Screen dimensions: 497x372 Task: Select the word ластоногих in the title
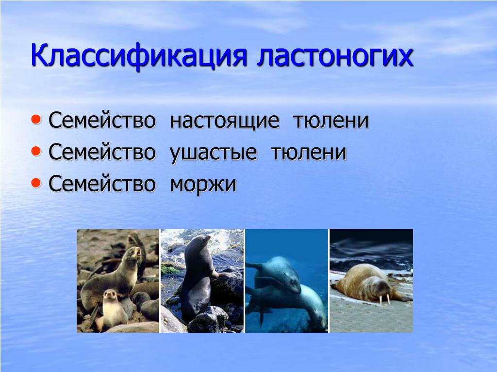335,56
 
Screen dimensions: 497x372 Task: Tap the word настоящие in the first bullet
225,121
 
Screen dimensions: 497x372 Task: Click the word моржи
203,185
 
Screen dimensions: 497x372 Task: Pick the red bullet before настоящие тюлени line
36,120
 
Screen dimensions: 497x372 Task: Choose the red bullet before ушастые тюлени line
36,151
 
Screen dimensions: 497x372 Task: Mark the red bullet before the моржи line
36,183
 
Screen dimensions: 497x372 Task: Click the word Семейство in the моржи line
102,184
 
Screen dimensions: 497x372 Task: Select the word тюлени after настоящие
331,121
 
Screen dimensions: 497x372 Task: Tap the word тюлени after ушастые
309,152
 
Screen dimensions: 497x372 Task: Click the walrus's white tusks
384,299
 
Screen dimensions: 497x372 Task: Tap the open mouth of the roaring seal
137,252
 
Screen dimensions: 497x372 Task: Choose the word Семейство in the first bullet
102,120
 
